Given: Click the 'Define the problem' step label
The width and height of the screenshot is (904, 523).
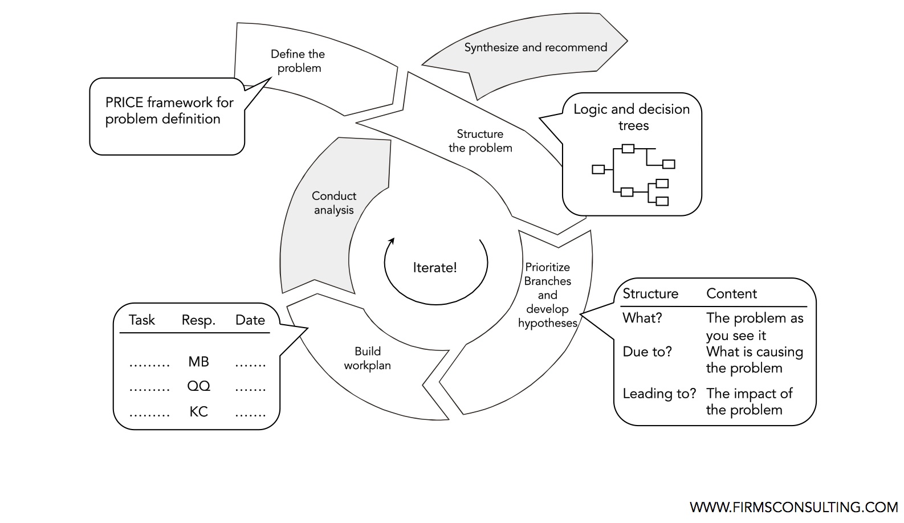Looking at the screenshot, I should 298,61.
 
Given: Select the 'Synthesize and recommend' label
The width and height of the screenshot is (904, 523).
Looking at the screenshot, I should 535,47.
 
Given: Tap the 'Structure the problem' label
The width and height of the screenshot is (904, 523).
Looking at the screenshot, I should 480,141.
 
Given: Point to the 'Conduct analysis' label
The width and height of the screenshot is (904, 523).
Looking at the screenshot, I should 334,203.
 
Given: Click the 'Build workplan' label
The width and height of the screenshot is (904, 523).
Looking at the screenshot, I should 367,358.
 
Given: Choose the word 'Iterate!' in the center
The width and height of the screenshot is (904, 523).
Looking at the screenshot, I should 435,268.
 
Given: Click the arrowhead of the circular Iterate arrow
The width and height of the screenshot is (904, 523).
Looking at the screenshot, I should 391,241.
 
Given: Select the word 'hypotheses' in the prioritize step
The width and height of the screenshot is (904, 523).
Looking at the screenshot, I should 547,323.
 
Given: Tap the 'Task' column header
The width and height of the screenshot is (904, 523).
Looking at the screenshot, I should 141,320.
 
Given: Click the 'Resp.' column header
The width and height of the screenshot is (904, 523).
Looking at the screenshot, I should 198,320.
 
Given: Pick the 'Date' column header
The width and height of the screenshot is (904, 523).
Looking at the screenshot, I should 250,320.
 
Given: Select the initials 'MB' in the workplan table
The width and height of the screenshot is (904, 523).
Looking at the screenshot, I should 198,362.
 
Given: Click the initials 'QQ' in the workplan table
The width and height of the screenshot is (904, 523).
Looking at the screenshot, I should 198,386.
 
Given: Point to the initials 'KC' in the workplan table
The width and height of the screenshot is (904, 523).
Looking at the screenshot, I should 198,411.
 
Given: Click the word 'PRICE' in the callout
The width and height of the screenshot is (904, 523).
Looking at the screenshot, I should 124,103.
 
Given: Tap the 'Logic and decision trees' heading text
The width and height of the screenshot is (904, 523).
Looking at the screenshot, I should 632,117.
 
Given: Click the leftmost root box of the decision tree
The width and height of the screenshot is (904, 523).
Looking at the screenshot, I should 598,169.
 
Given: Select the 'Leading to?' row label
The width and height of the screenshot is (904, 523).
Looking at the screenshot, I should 659,394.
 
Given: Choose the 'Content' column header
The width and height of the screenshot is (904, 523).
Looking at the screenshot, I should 731,294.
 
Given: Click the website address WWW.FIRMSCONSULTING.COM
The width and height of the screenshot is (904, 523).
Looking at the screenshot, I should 793,507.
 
